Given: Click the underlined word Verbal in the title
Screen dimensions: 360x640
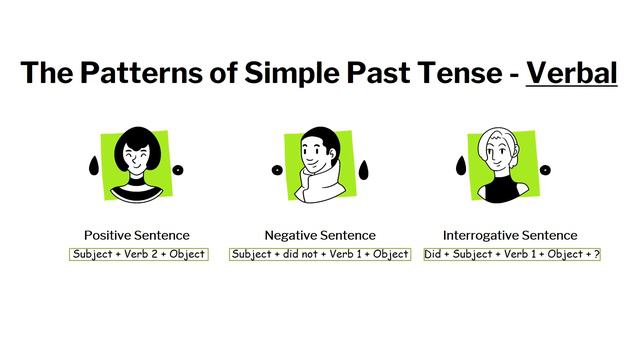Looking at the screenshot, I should (571, 73).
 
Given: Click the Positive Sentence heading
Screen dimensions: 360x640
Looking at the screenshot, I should (137, 235).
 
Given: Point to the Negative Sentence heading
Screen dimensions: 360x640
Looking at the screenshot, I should (320, 235).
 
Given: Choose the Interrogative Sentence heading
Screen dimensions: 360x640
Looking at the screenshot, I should (510, 235).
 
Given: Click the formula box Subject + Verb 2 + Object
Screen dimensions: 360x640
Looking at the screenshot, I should (139, 254).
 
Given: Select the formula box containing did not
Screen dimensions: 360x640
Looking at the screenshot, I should (320, 254).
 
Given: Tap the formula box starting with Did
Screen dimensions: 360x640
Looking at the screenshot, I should (511, 254).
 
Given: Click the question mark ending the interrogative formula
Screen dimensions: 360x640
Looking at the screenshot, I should (596, 254).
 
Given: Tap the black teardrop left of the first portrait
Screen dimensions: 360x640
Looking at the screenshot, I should (93, 165).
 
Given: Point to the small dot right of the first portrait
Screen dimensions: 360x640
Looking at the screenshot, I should (178, 170).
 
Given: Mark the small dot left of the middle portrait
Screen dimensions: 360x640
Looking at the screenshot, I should (277, 170).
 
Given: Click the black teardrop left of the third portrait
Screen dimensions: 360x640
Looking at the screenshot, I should (461, 163).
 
